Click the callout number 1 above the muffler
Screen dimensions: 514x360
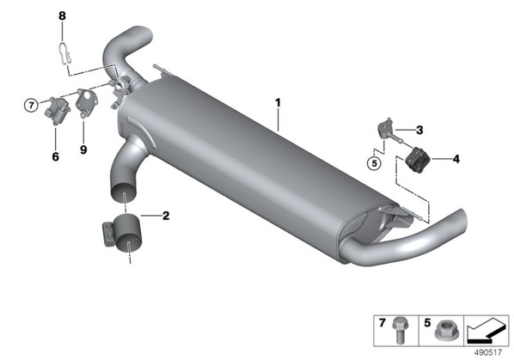pyautogui.click(x=278, y=103)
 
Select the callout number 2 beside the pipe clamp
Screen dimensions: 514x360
pyautogui.click(x=166, y=216)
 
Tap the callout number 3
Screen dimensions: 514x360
pyautogui.click(x=419, y=130)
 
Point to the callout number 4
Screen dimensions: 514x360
pyautogui.click(x=456, y=159)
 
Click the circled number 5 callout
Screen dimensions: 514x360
pyautogui.click(x=375, y=162)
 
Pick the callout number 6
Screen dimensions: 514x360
pyautogui.click(x=55, y=156)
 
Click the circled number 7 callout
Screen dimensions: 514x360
pyautogui.click(x=31, y=106)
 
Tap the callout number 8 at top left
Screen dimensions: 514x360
pyautogui.click(x=62, y=15)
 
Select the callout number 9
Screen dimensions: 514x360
pyautogui.click(x=83, y=149)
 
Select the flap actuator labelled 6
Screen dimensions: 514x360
pyautogui.click(x=57, y=110)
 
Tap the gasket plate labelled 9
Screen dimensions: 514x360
pyautogui.click(x=87, y=101)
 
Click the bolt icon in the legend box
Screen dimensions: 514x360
pyautogui.click(x=399, y=330)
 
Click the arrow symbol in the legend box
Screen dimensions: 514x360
pyautogui.click(x=486, y=331)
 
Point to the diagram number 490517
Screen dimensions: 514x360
pyautogui.click(x=488, y=352)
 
